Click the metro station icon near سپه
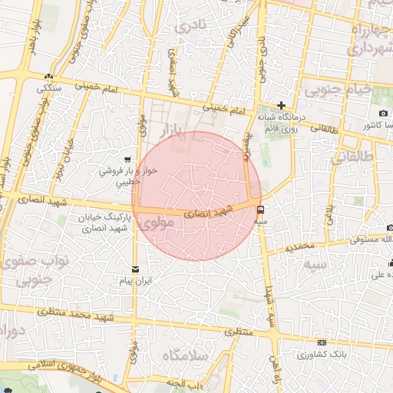click(x=261, y=208)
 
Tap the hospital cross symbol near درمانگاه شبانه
click(x=282, y=105)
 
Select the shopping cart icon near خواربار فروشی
click(x=138, y=160)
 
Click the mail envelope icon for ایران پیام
click(x=136, y=269)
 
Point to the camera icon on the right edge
click(x=362, y=114)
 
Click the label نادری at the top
click(x=190, y=26)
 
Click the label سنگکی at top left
click(x=50, y=88)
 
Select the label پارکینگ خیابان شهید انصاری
click(x=107, y=223)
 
